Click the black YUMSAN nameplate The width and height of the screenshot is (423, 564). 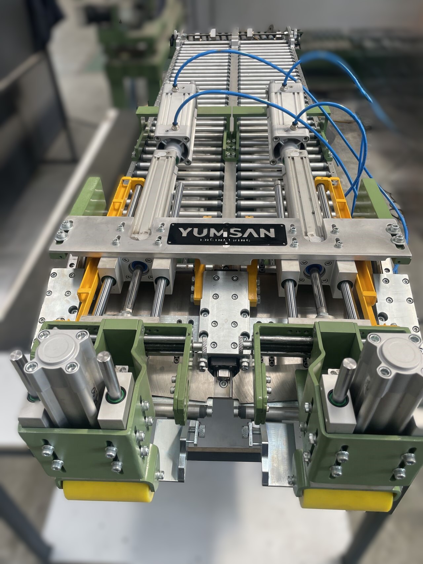point(227,235)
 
